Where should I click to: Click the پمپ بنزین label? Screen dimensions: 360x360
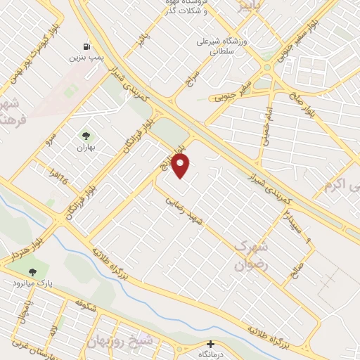83,57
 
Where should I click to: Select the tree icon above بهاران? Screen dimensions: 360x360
86,136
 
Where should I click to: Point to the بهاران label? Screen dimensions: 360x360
86,148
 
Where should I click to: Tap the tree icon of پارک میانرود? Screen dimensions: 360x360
31,271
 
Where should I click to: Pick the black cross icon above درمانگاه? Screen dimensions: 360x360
210,344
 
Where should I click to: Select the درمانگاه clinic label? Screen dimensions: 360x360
210,355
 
